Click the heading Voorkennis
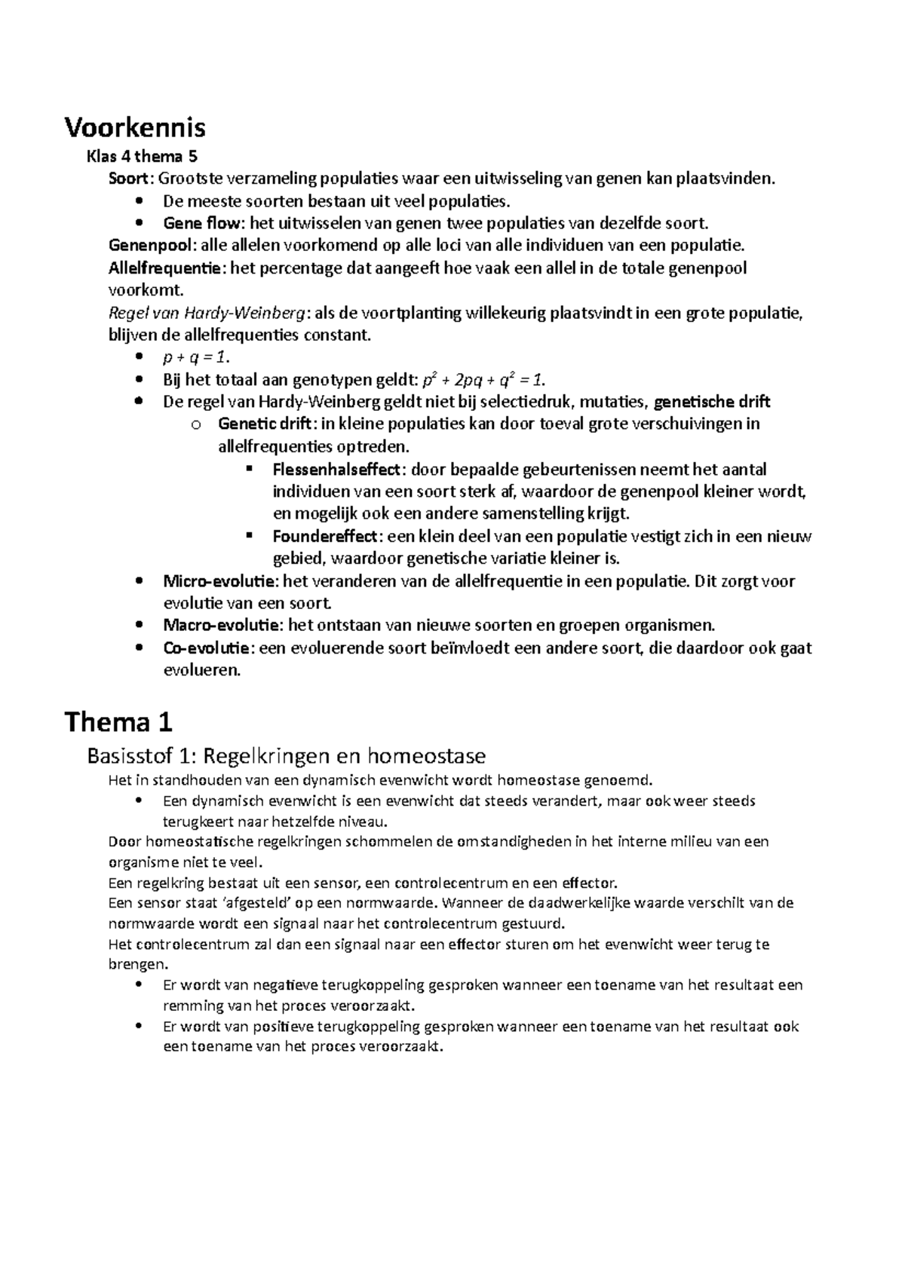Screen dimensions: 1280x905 134,128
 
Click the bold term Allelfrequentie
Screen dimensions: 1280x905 166,268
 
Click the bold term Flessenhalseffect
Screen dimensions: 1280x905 336,470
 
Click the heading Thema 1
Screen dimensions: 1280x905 119,722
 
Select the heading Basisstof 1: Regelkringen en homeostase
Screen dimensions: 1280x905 286,755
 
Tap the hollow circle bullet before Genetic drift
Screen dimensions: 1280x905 196,425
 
